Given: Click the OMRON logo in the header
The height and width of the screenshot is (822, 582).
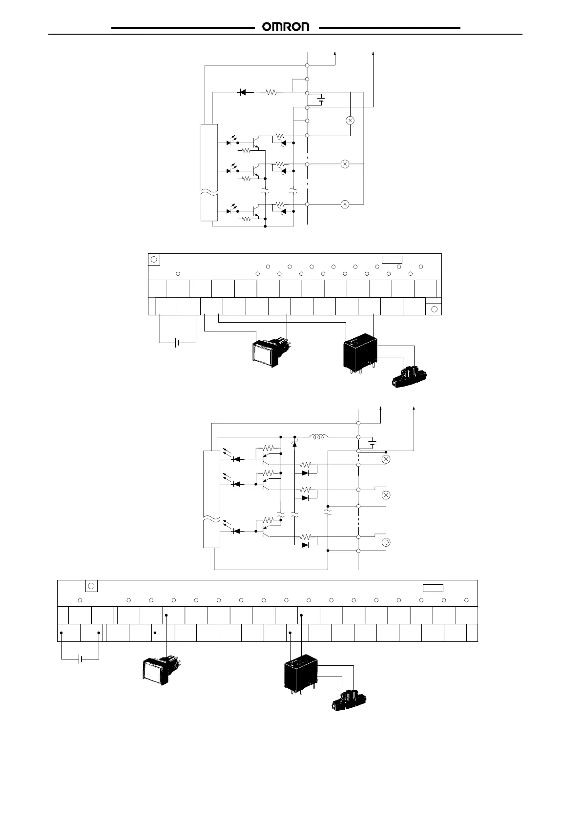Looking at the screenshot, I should [286, 27].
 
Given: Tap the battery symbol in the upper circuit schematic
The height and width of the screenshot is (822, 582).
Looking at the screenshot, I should [321, 100].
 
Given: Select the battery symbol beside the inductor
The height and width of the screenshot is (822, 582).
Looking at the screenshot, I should [373, 444].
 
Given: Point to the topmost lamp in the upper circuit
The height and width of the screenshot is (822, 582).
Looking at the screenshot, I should [350, 120].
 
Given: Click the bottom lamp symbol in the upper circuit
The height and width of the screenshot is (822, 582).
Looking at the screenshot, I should [345, 204].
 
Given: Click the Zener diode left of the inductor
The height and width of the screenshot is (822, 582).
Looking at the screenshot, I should [294, 442].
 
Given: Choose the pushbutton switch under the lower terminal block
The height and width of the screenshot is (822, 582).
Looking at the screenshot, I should [159, 671].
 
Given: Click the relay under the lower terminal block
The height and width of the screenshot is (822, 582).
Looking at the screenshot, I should [301, 672].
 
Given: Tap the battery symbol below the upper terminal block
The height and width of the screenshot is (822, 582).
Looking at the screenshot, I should [177, 343].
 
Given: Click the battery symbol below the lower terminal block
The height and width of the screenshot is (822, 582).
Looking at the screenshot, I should [81, 659].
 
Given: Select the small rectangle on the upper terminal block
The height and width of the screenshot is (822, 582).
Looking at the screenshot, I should [392, 259].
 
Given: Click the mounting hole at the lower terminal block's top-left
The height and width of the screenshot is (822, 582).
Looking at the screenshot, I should [91, 586].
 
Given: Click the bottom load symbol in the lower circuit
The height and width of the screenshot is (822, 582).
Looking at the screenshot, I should [385, 542].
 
